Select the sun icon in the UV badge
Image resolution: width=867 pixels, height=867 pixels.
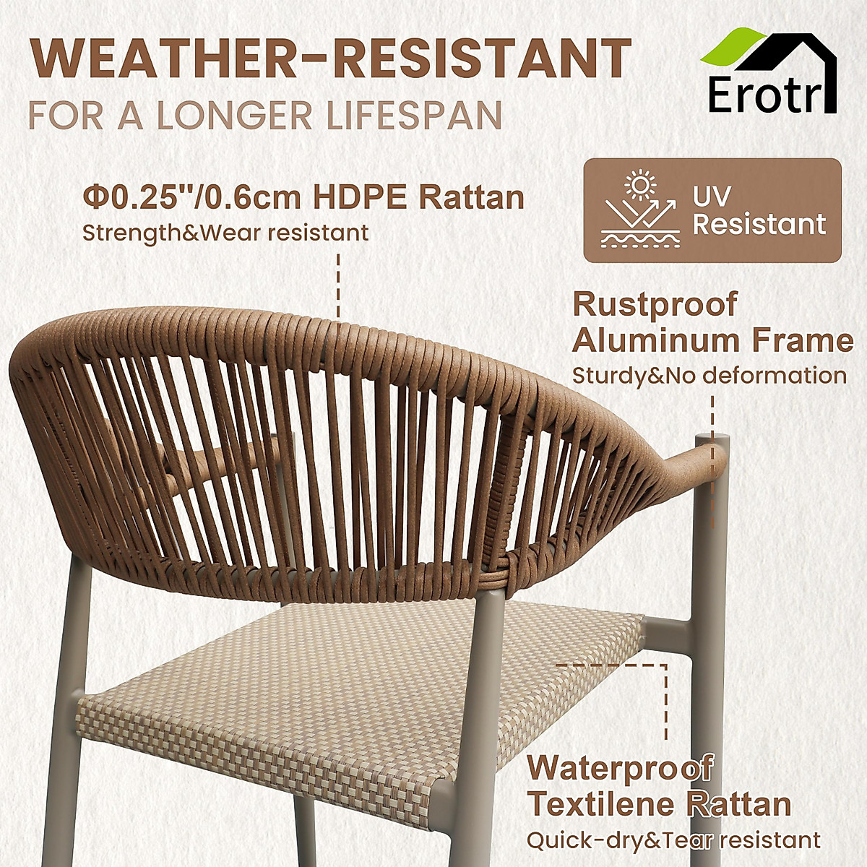[639, 184]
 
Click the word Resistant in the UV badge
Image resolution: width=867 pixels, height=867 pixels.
[759, 225]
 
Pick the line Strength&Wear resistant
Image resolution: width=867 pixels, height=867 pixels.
[225, 233]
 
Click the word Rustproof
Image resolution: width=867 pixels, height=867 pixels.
[655, 305]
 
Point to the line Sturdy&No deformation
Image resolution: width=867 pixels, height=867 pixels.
[709, 376]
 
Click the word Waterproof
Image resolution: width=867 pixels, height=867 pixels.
[621, 767]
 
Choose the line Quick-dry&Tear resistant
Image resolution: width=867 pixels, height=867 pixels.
[673, 840]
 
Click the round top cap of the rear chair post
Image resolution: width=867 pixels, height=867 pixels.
[712, 439]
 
